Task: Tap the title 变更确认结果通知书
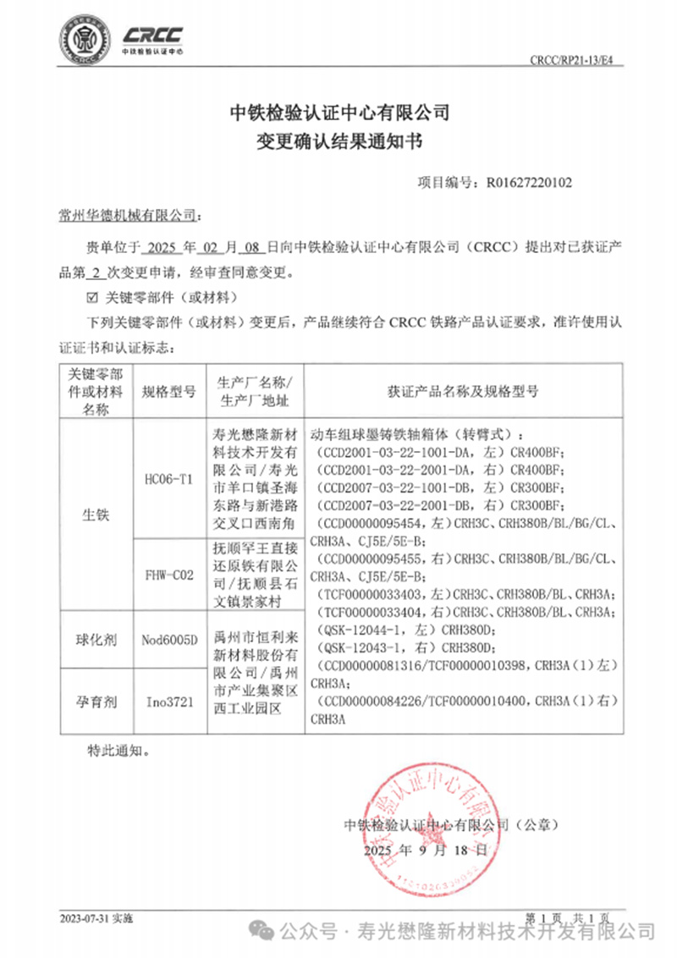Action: pyautogui.click(x=338, y=141)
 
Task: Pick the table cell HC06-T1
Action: pyautogui.click(x=168, y=479)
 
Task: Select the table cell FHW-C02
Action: pyautogui.click(x=168, y=575)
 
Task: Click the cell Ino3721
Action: pyautogui.click(x=168, y=702)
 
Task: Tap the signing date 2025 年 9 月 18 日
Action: pyautogui.click(x=426, y=849)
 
